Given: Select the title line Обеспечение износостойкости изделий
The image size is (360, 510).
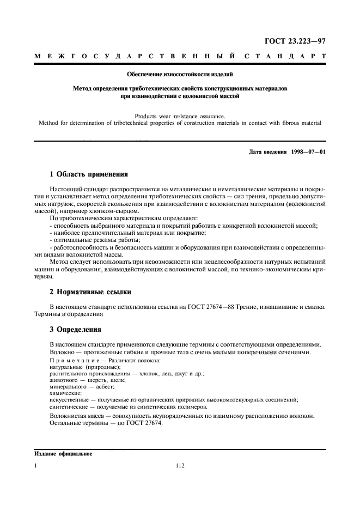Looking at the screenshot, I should click(x=180, y=74).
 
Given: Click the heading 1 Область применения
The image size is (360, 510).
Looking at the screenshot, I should click(x=88, y=175).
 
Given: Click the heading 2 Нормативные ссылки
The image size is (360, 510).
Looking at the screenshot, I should click(x=90, y=292).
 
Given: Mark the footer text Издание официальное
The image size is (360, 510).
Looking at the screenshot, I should click(x=56, y=453).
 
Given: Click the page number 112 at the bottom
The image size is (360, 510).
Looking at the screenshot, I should click(x=180, y=466).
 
